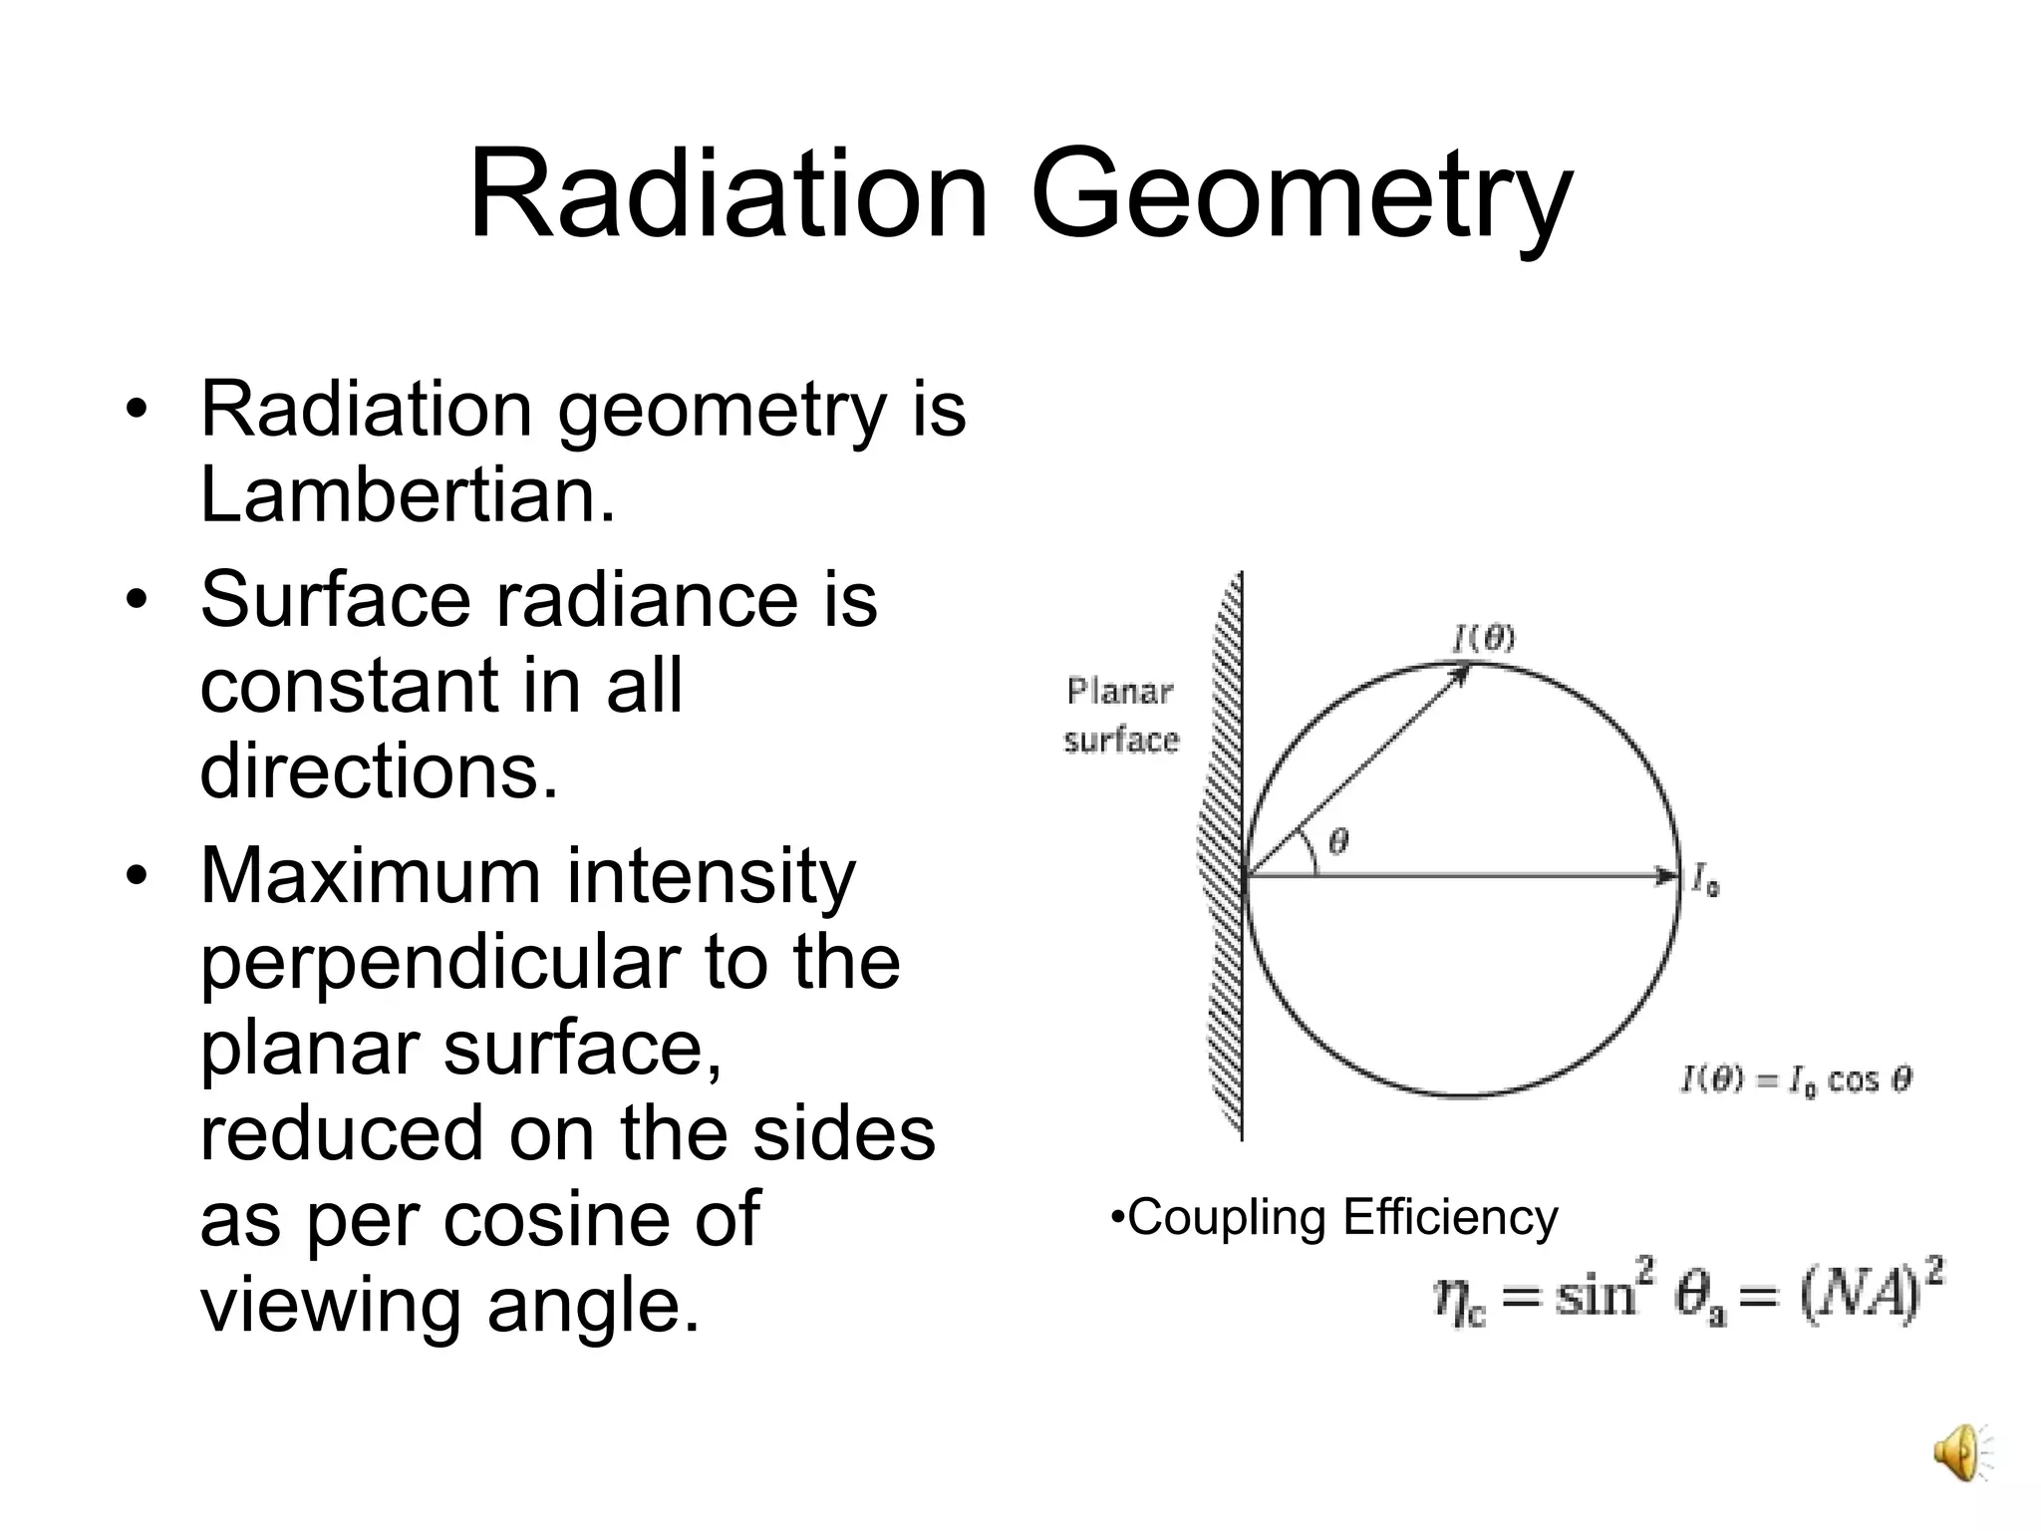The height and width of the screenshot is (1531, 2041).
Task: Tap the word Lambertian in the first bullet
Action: [407, 495]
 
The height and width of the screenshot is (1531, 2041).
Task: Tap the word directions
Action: [379, 771]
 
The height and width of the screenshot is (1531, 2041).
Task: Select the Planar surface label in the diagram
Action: [1120, 716]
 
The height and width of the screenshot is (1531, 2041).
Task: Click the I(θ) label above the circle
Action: [1483, 638]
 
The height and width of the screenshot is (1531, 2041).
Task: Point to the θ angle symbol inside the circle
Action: [1339, 842]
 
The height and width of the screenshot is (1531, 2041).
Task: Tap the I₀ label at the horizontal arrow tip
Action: [1705, 881]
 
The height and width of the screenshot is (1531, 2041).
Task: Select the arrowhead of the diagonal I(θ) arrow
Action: [1459, 675]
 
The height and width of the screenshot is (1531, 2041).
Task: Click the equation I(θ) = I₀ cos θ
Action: [1796, 1080]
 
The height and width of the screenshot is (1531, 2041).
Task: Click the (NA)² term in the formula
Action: [1872, 1294]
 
